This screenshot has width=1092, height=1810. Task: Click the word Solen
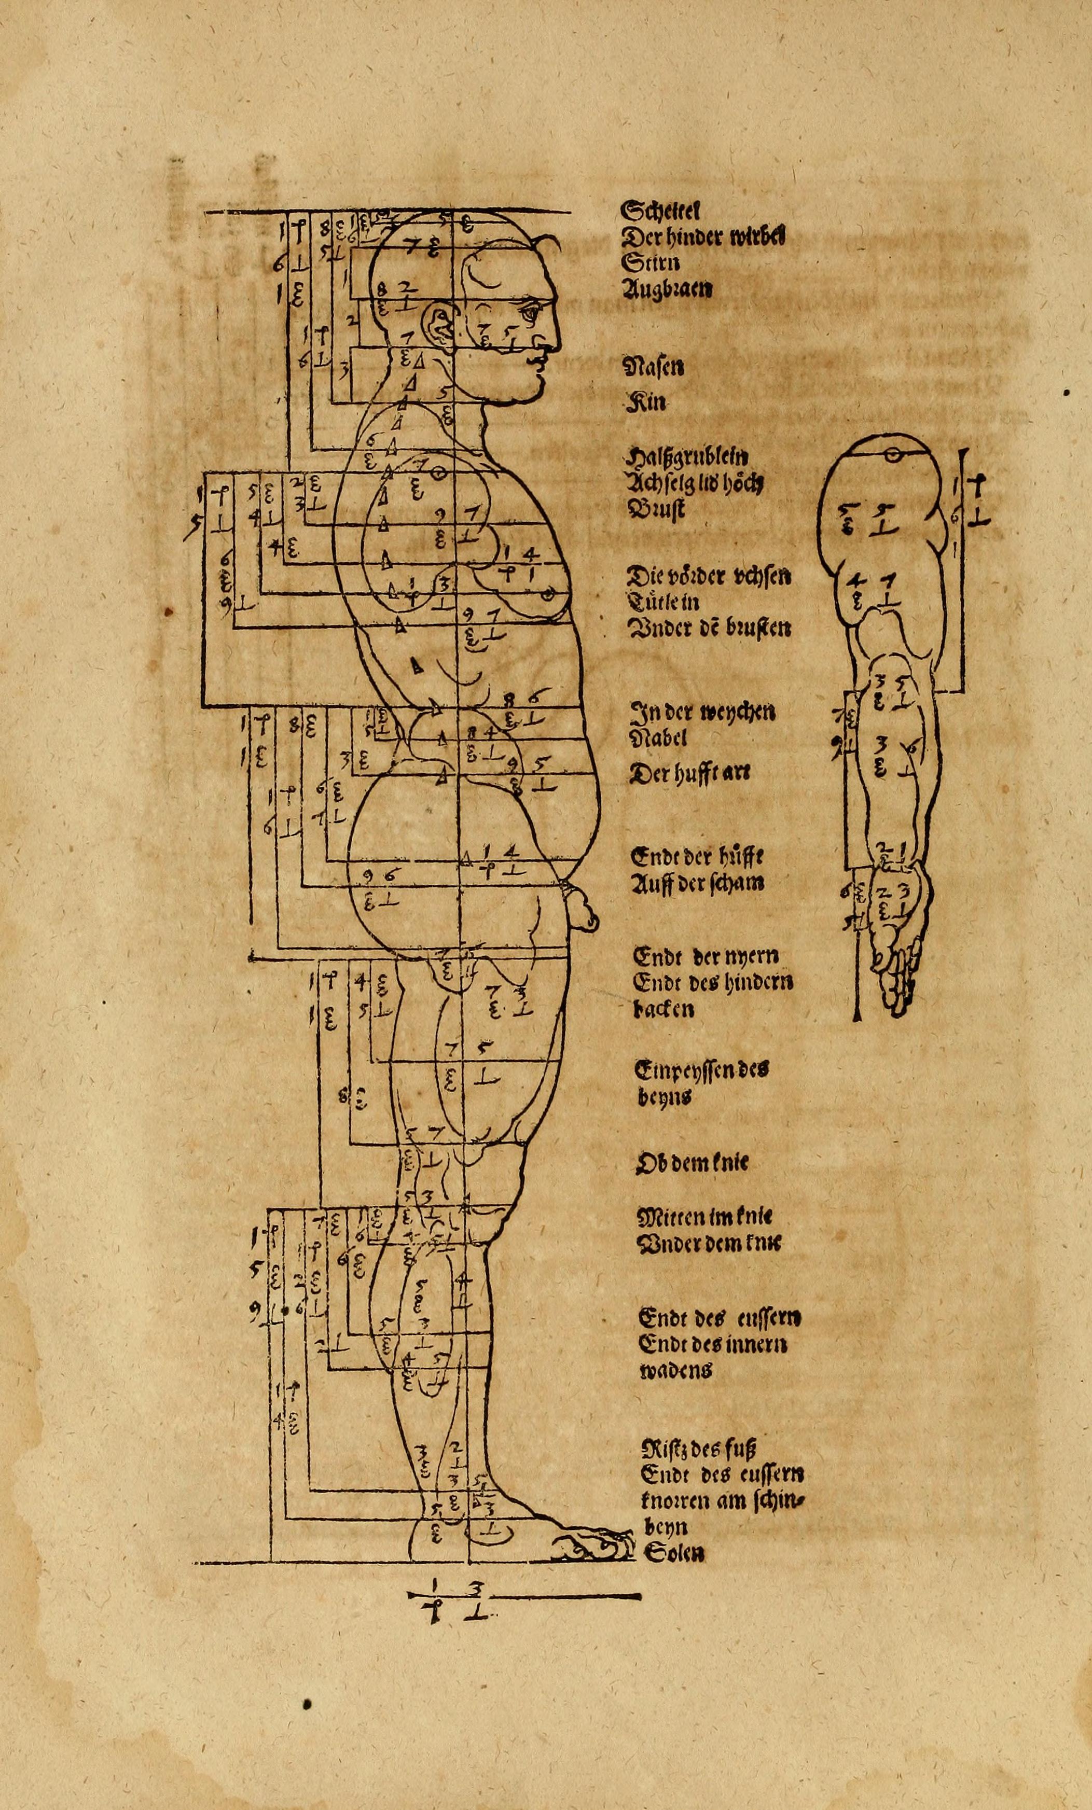click(674, 1553)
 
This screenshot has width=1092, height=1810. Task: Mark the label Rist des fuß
click(699, 1448)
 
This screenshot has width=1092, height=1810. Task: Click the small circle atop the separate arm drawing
click(891, 455)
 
